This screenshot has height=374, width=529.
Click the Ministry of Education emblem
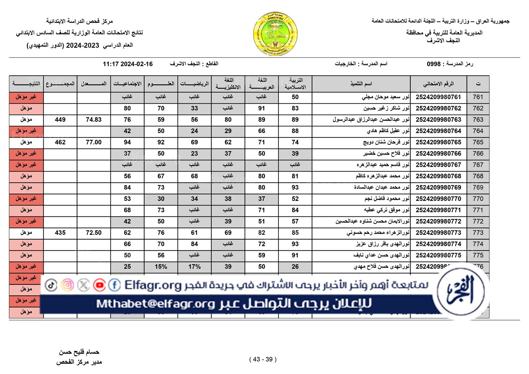pyautogui.click(x=275, y=34)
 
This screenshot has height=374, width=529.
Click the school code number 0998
pyautogui.click(x=433, y=64)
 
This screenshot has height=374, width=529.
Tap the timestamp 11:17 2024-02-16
pyautogui.click(x=128, y=64)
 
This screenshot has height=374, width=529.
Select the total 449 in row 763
pyautogui.click(x=60, y=120)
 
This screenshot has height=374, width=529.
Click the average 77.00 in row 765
pyautogui.click(x=94, y=142)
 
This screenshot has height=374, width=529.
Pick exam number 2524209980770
pyautogui.click(x=438, y=199)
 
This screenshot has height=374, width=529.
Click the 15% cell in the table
pyautogui.click(x=161, y=267)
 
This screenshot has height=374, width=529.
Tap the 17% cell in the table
pyautogui.click(x=194, y=267)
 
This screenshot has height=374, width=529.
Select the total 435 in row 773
pyautogui.click(x=60, y=233)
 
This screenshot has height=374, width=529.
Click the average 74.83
pyautogui.click(x=94, y=120)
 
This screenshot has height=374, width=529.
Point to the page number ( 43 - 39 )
pyautogui.click(x=263, y=359)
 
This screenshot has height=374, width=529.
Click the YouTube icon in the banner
pyautogui.click(x=99, y=285)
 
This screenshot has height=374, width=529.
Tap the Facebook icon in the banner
pyautogui.click(x=114, y=285)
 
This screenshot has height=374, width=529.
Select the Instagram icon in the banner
pyautogui.click(x=67, y=285)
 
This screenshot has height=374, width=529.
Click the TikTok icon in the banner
pyautogui.click(x=51, y=285)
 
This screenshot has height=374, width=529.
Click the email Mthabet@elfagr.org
pyautogui.click(x=155, y=304)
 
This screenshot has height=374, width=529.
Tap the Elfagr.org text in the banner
pyautogui.click(x=153, y=285)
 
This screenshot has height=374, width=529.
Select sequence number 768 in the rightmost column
pyautogui.click(x=478, y=176)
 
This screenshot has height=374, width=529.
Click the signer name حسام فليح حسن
pyautogui.click(x=79, y=352)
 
